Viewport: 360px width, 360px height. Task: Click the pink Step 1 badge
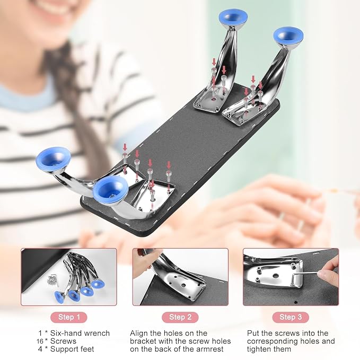pos(69,317)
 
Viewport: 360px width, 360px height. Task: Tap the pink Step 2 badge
pos(180,317)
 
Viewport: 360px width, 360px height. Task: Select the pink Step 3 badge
pos(291,317)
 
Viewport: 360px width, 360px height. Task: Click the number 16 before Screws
pos(40,341)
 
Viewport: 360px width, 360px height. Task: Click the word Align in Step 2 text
pos(139,333)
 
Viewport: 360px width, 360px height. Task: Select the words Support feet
pos(72,349)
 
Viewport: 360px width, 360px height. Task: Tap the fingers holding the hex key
pos(329,271)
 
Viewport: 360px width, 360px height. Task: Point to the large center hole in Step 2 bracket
pos(183,285)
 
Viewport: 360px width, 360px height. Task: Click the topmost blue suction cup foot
pos(233,17)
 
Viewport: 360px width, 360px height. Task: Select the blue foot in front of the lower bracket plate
pos(111,190)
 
